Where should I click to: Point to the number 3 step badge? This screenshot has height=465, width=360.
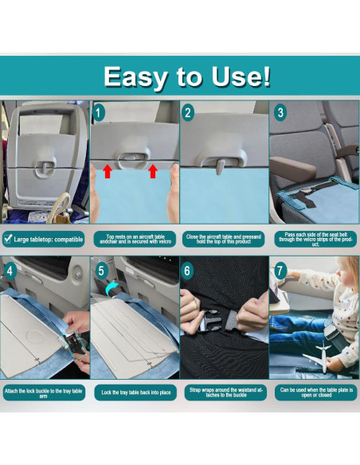pyautogui.click(x=280, y=113)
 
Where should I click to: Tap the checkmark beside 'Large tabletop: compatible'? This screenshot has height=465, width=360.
pyautogui.click(x=7, y=237)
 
